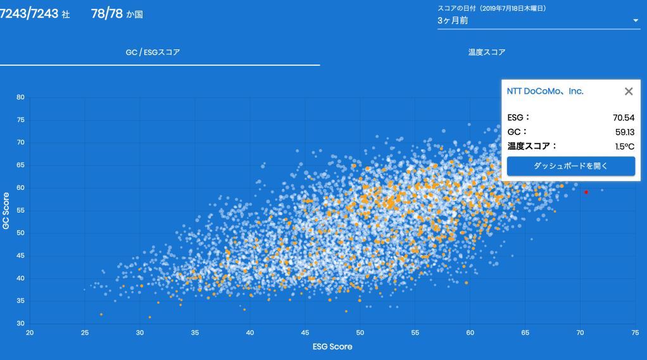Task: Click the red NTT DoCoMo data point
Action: pos(586,192)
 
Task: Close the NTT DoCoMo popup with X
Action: pos(629,91)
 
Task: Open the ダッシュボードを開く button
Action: pos(570,166)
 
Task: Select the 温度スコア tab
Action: pos(487,53)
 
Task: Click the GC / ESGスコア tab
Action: pos(153,53)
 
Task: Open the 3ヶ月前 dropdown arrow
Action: pos(636,21)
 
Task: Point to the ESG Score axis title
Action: pos(332,347)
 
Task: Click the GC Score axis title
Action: pos(6,210)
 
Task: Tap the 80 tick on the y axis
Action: pos(20,97)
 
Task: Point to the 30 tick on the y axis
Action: pos(20,323)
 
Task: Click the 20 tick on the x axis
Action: pos(29,332)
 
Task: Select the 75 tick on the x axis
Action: pos(635,332)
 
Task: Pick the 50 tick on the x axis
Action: pos(360,332)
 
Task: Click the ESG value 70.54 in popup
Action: pos(624,118)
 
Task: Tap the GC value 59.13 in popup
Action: pos(624,132)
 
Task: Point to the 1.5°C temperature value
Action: pos(624,147)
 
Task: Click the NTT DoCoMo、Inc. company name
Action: pos(545,91)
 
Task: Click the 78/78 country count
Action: pos(106,14)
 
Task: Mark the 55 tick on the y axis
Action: pos(20,210)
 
